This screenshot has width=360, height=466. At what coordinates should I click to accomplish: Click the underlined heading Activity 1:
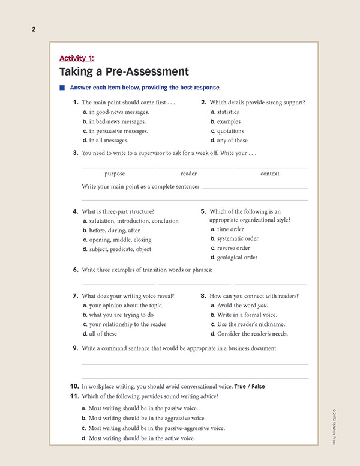[77, 58]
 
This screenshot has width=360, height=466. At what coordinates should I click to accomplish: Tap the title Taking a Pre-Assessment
[124, 72]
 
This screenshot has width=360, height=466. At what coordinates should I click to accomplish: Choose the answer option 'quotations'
[230, 131]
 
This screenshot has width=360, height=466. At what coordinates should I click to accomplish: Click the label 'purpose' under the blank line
[115, 174]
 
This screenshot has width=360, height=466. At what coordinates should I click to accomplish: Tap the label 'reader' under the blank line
[188, 174]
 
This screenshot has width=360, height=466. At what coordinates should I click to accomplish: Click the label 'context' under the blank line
[270, 174]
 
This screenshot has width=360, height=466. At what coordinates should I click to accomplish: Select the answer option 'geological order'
[238, 258]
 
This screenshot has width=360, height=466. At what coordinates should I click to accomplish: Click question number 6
[76, 270]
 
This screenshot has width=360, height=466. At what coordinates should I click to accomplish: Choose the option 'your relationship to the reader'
[127, 324]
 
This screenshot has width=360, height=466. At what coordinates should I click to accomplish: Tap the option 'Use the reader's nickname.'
[248, 324]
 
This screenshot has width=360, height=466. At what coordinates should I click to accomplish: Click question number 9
[76, 348]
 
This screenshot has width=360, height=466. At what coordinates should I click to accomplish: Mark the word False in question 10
[258, 386]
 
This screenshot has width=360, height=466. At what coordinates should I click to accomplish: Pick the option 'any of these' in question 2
[232, 141]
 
